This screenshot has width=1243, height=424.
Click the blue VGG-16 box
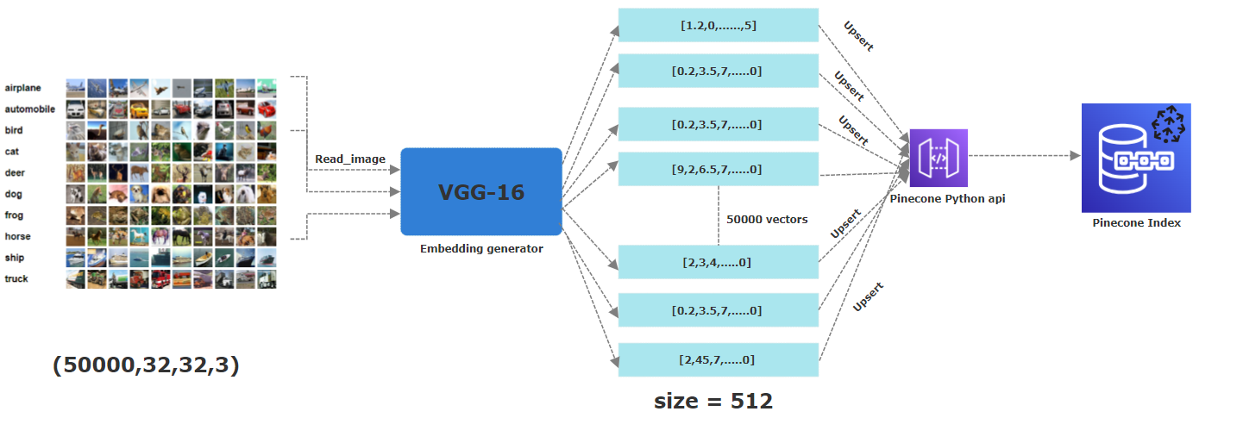481,191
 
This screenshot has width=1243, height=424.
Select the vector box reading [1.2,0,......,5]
718,25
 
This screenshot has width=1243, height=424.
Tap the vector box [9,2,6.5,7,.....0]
718,169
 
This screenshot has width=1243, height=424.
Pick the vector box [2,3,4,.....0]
718,261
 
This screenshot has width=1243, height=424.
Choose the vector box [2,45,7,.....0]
718,359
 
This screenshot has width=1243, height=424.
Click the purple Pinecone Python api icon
939,158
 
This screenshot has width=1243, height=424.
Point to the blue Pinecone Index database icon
1136,158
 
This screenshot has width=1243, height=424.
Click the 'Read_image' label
349,159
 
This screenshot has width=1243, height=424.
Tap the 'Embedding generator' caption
481,249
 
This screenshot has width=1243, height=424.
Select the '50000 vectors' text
768,219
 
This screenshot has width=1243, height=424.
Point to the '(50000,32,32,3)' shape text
146,365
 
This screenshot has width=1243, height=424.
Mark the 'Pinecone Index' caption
1136,223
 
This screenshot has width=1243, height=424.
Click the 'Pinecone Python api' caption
948,199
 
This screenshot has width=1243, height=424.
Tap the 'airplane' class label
22,88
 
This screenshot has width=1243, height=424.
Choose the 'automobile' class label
29,109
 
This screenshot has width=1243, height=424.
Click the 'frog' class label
14,215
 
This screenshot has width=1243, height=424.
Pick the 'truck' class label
16,278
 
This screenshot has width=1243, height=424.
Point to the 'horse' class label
16,236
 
